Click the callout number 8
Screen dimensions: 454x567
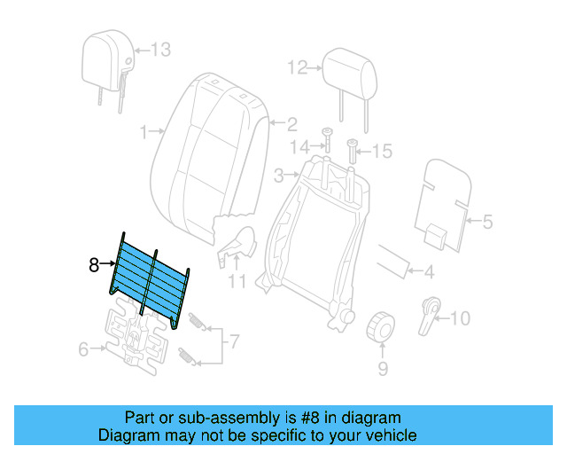(94, 263)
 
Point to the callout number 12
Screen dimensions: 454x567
(296, 67)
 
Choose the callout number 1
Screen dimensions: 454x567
(144, 133)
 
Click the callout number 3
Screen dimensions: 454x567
(277, 174)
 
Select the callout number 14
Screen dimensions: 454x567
(302, 146)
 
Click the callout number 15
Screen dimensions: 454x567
(381, 152)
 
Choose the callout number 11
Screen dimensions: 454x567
(237, 283)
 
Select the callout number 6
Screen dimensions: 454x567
(83, 349)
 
